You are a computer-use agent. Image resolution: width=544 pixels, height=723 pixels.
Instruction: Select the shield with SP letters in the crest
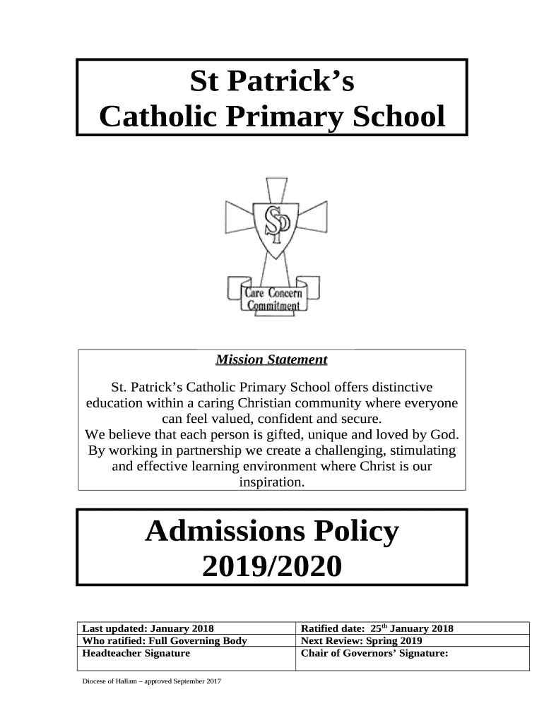click(272, 227)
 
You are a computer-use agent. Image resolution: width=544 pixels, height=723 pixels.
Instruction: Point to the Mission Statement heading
click(271, 360)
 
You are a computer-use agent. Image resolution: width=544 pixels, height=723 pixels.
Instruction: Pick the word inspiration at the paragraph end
click(271, 483)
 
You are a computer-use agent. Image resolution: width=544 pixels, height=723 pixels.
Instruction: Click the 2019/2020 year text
click(271, 566)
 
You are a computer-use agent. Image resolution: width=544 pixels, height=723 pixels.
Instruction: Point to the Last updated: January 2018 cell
click(148, 628)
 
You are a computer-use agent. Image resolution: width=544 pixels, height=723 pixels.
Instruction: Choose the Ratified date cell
click(377, 628)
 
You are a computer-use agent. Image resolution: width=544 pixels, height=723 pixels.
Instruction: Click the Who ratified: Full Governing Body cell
click(165, 641)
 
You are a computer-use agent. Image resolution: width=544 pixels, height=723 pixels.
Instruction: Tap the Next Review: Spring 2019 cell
click(362, 641)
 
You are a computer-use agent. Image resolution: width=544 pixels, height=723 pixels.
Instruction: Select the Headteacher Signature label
click(136, 654)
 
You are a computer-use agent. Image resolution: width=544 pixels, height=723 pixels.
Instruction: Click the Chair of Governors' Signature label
click(375, 654)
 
